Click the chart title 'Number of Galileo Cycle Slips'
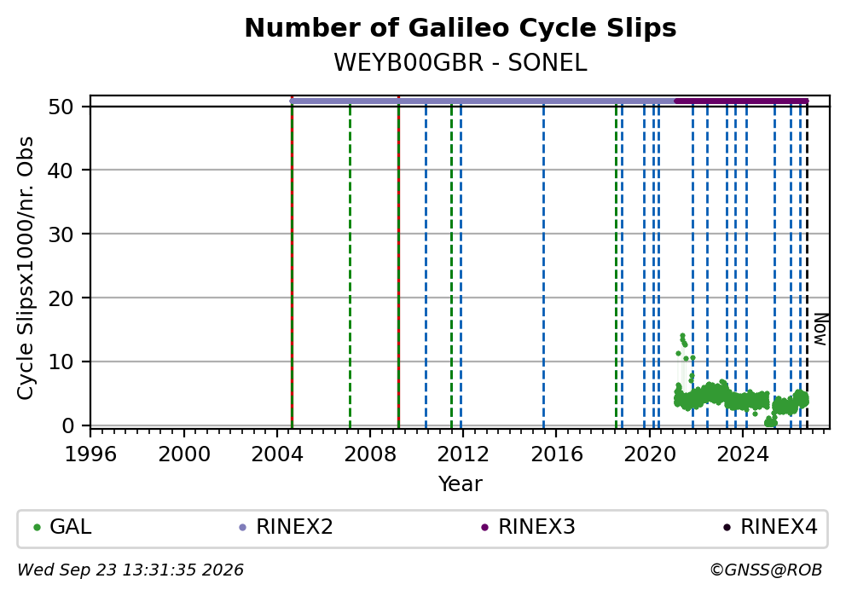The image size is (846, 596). (x=461, y=28)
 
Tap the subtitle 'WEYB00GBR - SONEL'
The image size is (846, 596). (x=461, y=62)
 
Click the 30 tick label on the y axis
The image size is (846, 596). (x=61, y=234)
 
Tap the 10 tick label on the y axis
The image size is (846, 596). (x=61, y=362)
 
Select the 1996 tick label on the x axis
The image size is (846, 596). (x=90, y=454)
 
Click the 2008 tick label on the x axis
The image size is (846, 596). (x=370, y=454)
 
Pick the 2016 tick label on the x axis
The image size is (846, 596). (x=557, y=454)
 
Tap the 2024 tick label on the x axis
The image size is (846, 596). (x=743, y=454)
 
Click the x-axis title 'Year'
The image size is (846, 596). (x=461, y=483)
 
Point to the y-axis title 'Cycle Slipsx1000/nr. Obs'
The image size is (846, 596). (x=25, y=268)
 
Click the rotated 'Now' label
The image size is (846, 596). (x=820, y=330)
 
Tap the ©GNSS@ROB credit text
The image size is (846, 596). (x=766, y=570)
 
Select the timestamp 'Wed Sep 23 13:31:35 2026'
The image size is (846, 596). (x=130, y=570)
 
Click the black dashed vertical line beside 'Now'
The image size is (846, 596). (x=807, y=264)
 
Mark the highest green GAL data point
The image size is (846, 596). (x=682, y=335)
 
